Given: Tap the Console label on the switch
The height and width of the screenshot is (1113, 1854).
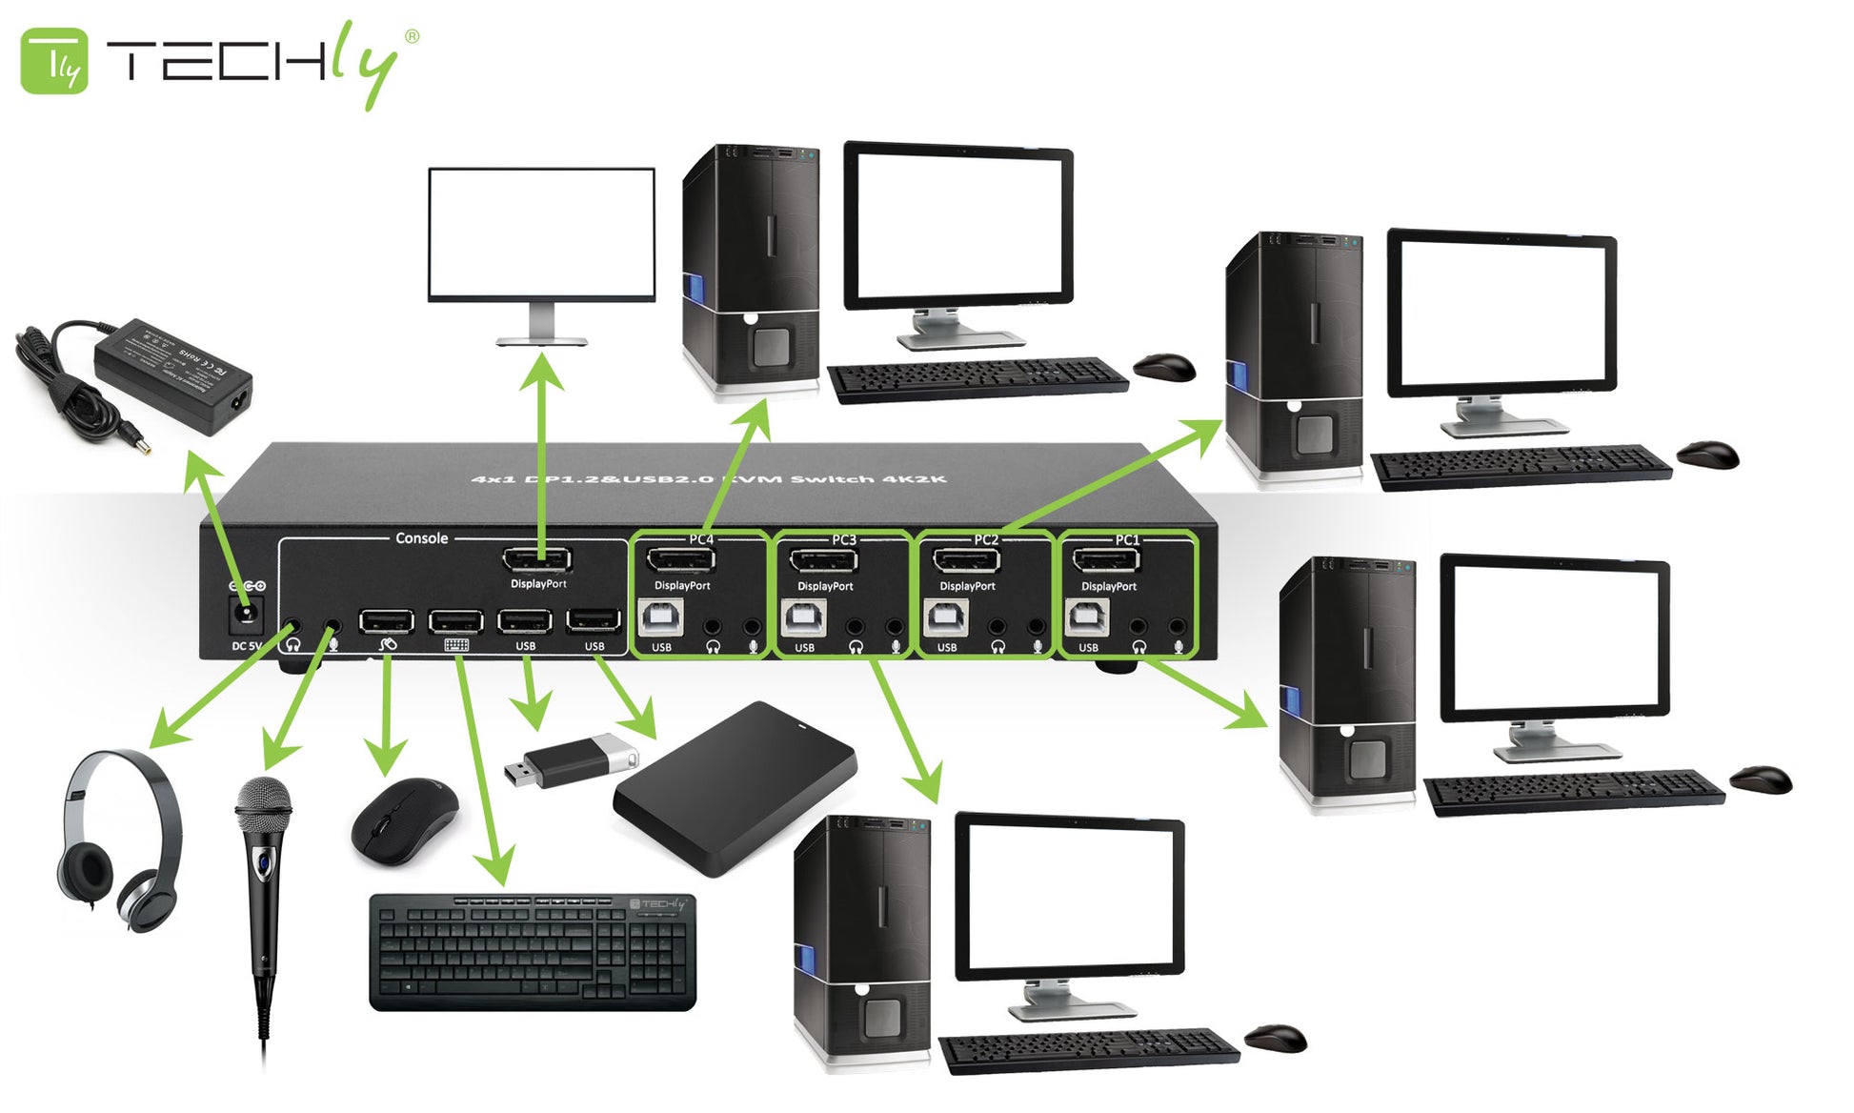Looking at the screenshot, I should [x=421, y=538].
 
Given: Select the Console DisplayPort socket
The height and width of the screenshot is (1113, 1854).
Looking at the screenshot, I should [x=536, y=560].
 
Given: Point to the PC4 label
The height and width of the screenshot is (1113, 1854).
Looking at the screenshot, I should [x=701, y=539].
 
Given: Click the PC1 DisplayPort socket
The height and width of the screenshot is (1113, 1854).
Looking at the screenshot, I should [x=1105, y=560].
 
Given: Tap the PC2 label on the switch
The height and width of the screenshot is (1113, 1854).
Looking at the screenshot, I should [x=986, y=539].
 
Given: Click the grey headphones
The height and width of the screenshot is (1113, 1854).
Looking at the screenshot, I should [x=117, y=839].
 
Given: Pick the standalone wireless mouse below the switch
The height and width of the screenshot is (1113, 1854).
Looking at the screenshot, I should [x=405, y=820].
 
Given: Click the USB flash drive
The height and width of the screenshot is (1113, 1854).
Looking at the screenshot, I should [x=570, y=761].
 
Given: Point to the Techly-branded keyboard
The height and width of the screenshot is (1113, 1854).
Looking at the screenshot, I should [x=533, y=951].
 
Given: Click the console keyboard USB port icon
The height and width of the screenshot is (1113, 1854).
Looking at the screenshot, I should [x=456, y=645].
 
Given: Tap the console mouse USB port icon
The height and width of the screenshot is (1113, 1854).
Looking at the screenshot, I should [x=387, y=645].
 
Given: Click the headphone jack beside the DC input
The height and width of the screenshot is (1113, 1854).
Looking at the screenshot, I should [x=292, y=629].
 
